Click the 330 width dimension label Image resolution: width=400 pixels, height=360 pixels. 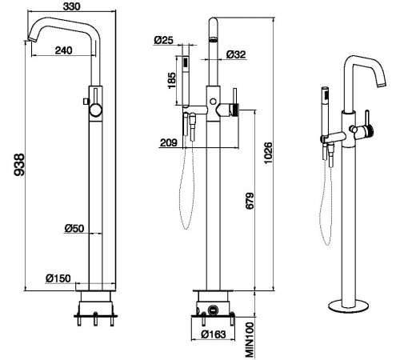tap(71, 6)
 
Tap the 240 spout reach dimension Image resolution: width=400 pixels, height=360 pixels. tap(63, 50)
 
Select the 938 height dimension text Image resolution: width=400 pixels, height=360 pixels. tap(19, 165)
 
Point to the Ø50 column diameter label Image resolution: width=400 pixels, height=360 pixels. tap(74, 228)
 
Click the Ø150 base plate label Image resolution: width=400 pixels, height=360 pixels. tap(58, 278)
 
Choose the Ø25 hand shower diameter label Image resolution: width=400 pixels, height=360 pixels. tap(163, 40)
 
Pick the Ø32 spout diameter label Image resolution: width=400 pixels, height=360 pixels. tap(236, 54)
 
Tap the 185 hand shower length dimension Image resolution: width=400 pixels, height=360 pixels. tap(171, 80)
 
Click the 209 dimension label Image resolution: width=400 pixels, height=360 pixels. tap(169, 142)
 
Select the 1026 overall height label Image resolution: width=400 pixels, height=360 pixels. tap(268, 154)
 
